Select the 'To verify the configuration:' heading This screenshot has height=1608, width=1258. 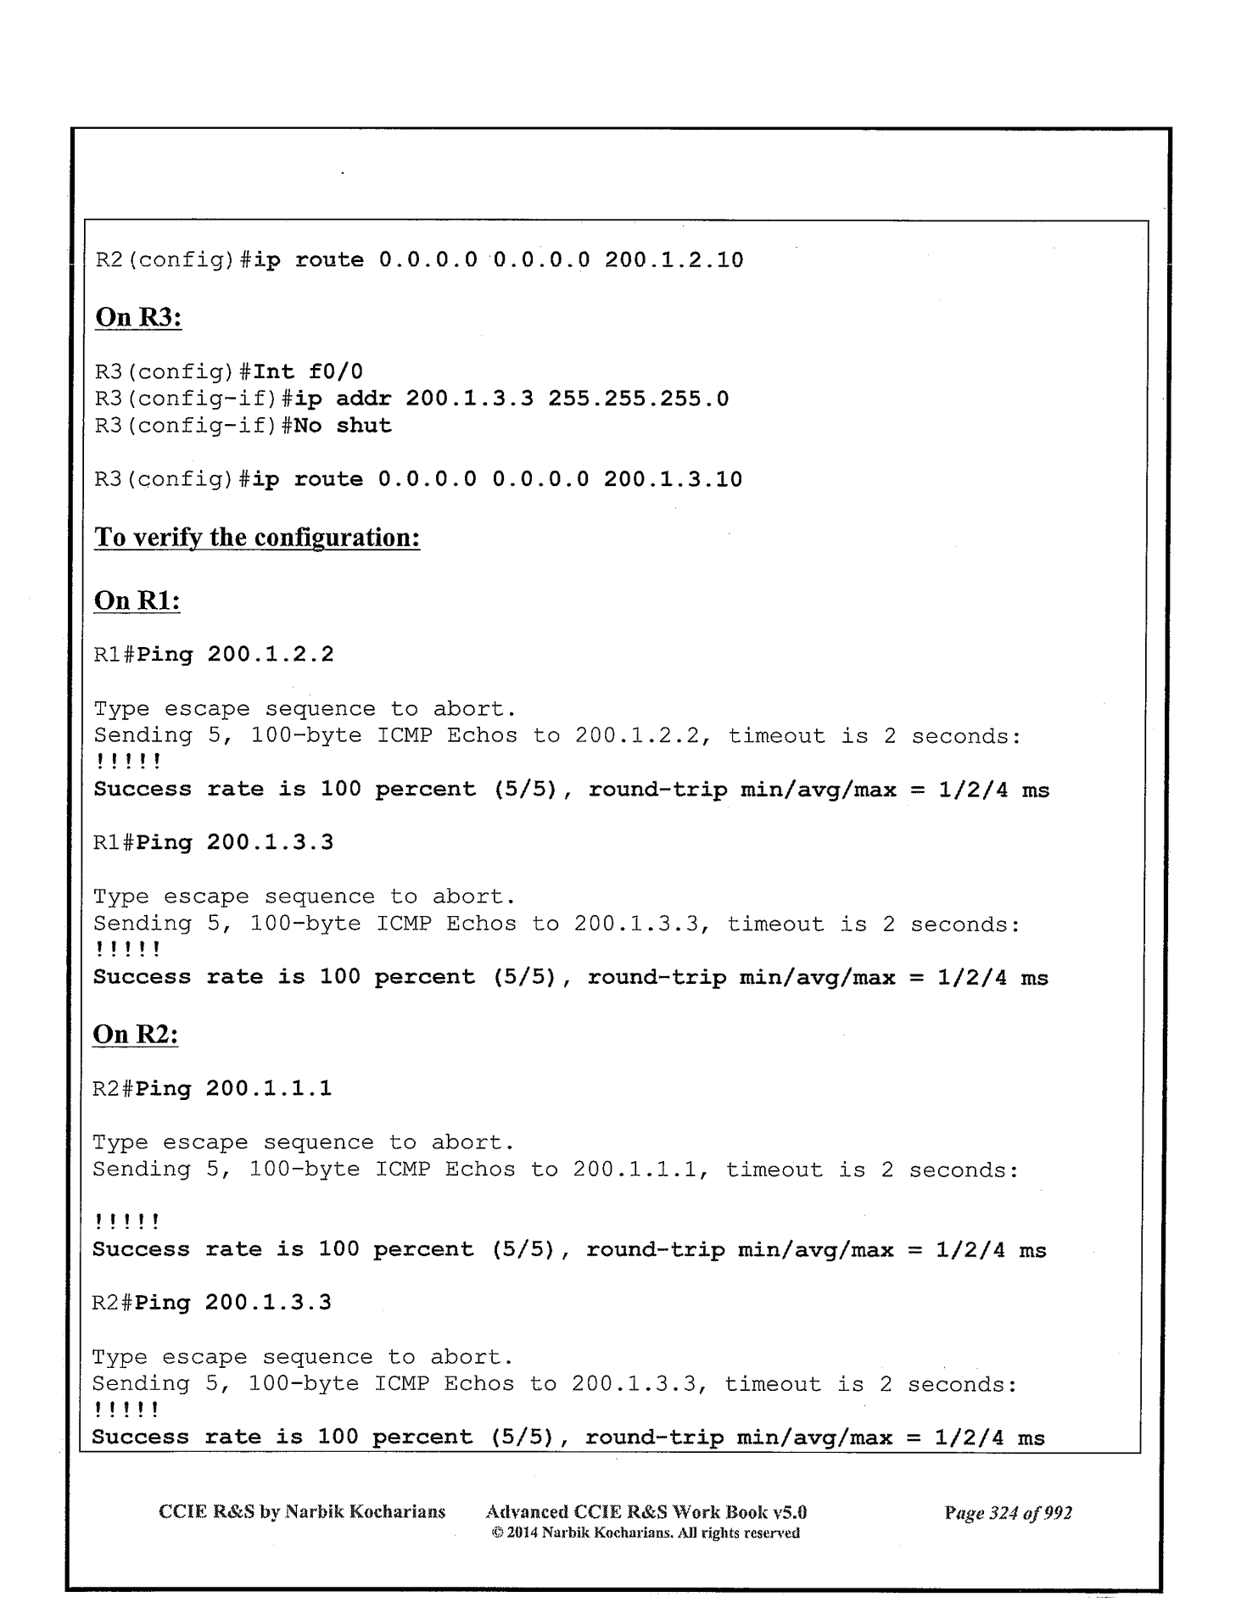(x=257, y=538)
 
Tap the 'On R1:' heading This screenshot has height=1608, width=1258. (x=137, y=600)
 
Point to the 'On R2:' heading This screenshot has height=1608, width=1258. (x=136, y=1035)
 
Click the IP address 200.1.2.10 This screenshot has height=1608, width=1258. (x=674, y=260)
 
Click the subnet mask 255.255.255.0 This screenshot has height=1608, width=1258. (x=638, y=399)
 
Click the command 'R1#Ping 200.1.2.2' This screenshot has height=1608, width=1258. (x=214, y=655)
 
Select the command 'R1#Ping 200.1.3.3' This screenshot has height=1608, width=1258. (x=214, y=843)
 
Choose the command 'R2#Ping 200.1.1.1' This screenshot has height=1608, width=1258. (x=212, y=1088)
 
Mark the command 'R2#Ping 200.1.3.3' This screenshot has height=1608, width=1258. (x=212, y=1303)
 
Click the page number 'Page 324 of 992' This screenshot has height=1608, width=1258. (x=1008, y=1513)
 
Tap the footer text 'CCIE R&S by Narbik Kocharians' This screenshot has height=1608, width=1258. (x=302, y=1512)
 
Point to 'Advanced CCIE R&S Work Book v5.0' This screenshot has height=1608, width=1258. (x=646, y=1512)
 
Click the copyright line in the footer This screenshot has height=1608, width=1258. (x=646, y=1533)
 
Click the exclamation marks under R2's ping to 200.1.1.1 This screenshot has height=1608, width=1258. (x=126, y=1223)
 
